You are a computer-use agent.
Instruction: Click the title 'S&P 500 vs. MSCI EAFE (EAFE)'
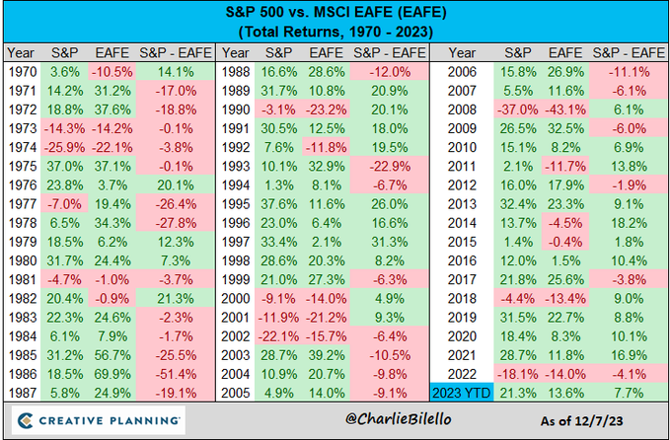(335, 14)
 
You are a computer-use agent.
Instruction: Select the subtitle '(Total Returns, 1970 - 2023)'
(335, 33)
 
